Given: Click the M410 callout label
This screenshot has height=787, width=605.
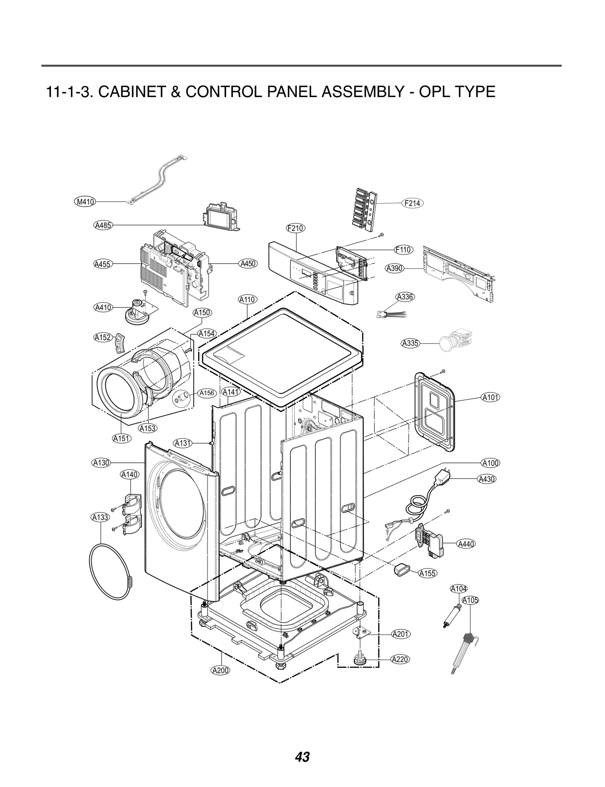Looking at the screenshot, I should tap(85, 202).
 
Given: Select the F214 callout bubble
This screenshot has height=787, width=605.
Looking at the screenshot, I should tap(412, 203).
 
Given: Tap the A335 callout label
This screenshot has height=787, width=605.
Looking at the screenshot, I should tap(410, 343).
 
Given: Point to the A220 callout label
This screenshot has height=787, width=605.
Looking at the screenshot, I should tap(400, 660).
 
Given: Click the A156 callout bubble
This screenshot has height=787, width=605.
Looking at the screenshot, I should tap(207, 393).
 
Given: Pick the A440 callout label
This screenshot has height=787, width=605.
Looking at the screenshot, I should tap(466, 544).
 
